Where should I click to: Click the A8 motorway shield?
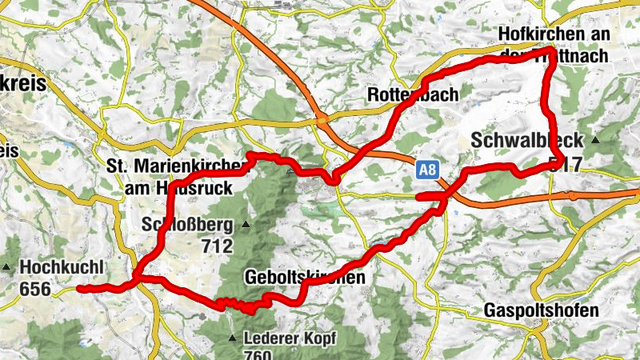pyautogui.click(x=428, y=170)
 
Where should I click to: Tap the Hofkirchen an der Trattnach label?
pyautogui.click(x=553, y=45)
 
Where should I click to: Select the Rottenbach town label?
pyautogui.click(x=413, y=94)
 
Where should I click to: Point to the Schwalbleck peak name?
pyautogui.click(x=528, y=140)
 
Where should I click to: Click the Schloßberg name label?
pyautogui.click(x=186, y=223)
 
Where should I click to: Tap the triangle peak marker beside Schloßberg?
pyautogui.click(x=246, y=223)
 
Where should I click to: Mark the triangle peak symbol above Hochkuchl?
pyautogui.click(x=6, y=266)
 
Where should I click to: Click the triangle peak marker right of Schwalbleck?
pyautogui.click(x=594, y=140)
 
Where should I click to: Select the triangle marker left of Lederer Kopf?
pyautogui.click(x=233, y=338)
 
